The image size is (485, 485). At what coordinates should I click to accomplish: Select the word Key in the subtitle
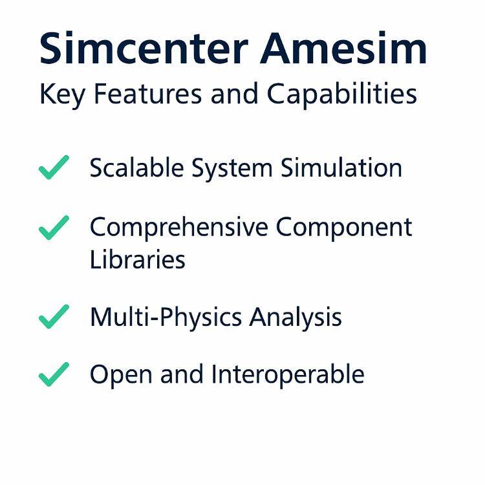[62, 94]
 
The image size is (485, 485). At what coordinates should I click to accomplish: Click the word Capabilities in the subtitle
[341, 94]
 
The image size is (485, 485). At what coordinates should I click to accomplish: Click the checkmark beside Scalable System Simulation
[53, 167]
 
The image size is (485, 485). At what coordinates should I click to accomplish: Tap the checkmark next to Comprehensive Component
[53, 228]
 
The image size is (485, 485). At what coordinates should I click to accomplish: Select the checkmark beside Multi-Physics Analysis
[53, 316]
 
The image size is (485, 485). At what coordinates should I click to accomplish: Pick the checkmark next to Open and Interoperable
[53, 374]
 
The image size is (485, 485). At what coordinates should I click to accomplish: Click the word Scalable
[136, 167]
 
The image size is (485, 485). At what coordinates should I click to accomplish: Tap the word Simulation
[341, 167]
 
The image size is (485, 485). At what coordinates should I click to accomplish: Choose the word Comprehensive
[178, 228]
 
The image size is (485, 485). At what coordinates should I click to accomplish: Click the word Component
[343, 228]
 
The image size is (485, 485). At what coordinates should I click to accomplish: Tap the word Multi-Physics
[166, 318]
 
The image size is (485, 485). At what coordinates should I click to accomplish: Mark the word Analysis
[296, 318]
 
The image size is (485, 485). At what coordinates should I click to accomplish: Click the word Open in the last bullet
[121, 375]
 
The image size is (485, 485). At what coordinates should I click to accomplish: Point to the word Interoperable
[288, 375]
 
